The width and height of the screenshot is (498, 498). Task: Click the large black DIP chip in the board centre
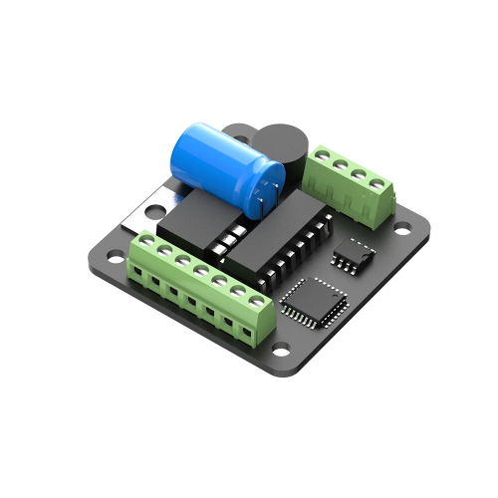pos(269,244)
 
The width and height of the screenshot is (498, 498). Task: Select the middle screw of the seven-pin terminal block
pos(200,271)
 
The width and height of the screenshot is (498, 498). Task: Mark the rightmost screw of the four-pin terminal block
pos(377,183)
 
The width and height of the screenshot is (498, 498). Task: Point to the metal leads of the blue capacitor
pos(261,202)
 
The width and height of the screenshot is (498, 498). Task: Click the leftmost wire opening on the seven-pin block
pos(137,272)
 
